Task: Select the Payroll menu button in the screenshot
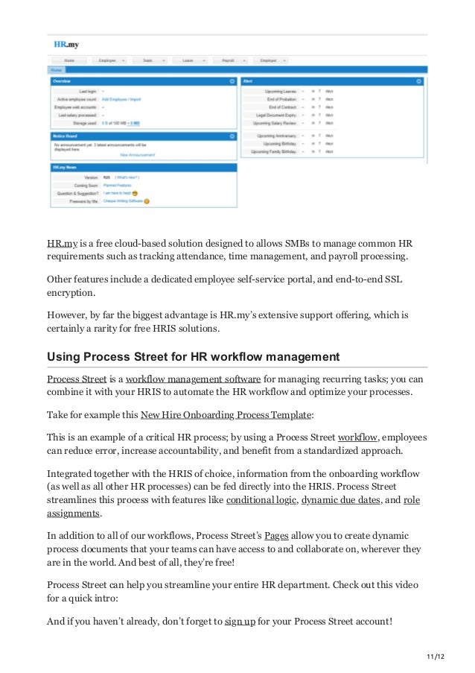229,60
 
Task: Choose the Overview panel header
62,80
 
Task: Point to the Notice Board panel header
66,136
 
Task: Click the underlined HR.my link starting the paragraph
62,243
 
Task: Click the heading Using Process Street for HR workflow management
193,356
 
